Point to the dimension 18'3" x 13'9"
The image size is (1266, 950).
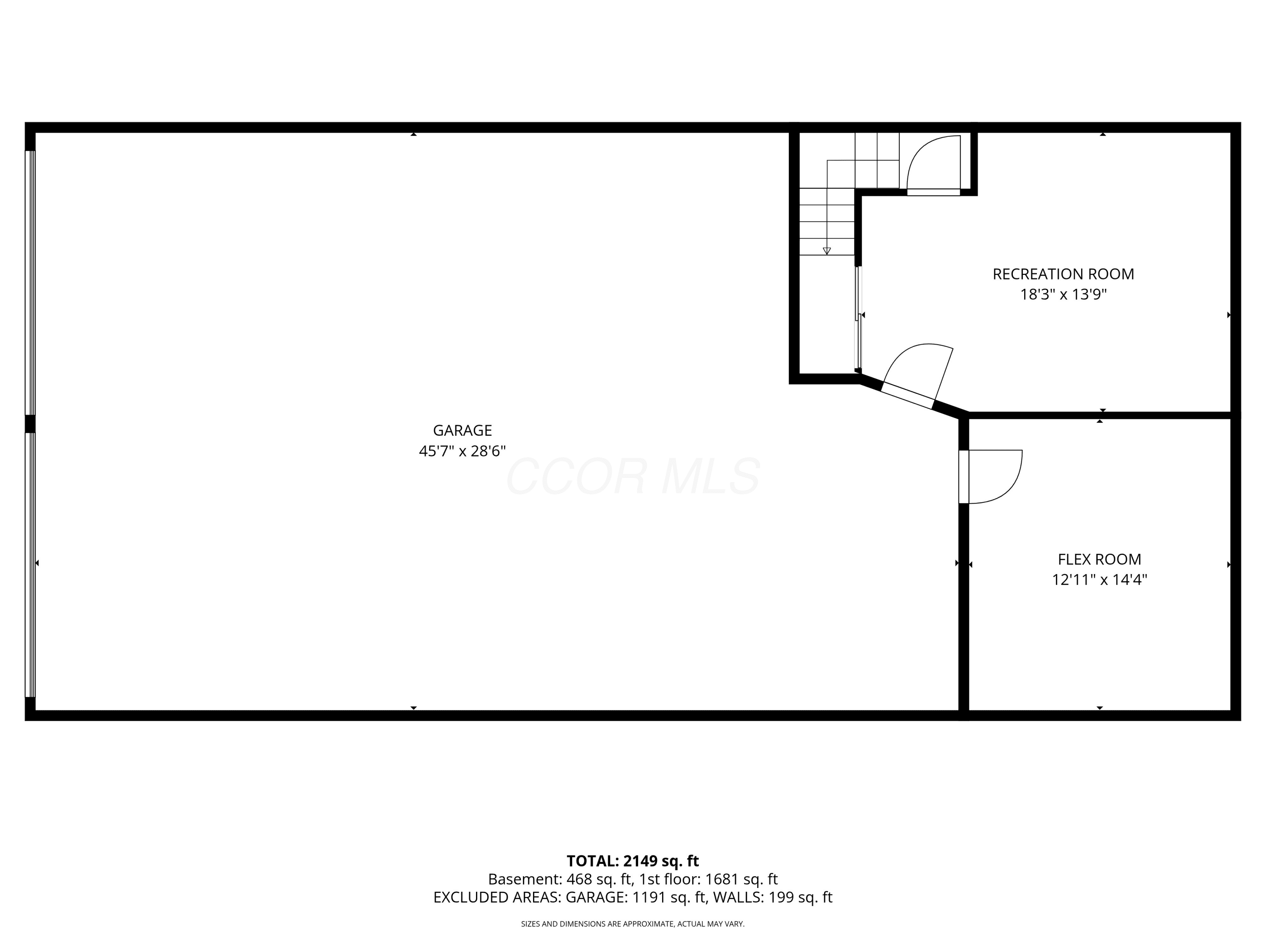pyautogui.click(x=1063, y=294)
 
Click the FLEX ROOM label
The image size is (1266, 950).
pyautogui.click(x=1099, y=559)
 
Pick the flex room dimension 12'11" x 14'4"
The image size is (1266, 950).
pyautogui.click(x=1099, y=580)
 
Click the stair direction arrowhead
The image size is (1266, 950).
pyautogui.click(x=826, y=251)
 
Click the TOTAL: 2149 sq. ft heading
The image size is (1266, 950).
pyautogui.click(x=633, y=861)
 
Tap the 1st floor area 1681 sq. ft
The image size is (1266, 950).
pyautogui.click(x=741, y=879)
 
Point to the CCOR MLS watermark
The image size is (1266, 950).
pyautogui.click(x=633, y=476)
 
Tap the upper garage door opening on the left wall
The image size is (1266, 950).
pyautogui.click(x=30, y=283)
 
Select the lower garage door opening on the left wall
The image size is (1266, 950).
pyautogui.click(x=30, y=565)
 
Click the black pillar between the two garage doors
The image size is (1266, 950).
pyautogui.click(x=30, y=424)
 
